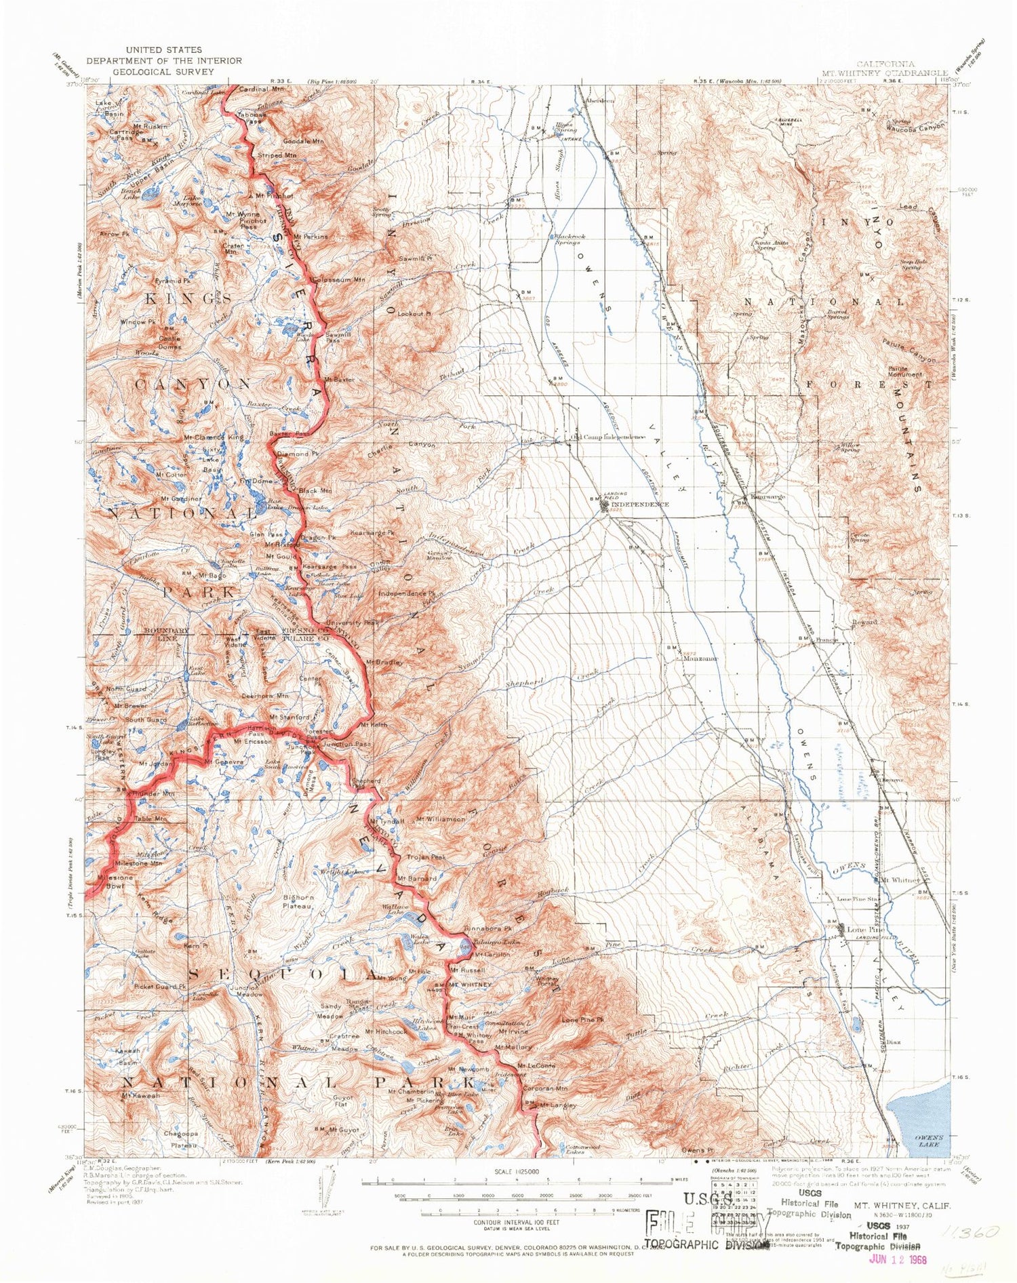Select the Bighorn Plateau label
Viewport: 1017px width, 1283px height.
pyautogui.click(x=298, y=901)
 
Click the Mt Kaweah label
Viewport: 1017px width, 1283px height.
pyautogui.click(x=141, y=1095)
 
